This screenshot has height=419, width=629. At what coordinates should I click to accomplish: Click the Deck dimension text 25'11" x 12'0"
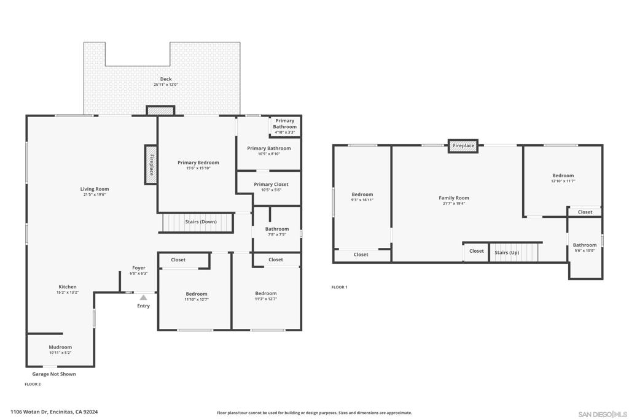point(166,85)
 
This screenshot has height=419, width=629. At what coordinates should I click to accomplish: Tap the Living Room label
point(94,189)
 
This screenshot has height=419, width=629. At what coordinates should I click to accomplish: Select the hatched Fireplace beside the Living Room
point(151,164)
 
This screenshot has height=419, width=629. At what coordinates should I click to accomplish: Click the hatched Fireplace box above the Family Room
point(463,146)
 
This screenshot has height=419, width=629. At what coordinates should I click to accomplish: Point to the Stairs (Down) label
point(201,221)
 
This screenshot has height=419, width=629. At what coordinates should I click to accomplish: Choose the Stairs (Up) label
point(507,253)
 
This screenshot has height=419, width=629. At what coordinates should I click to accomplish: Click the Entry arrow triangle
point(143,298)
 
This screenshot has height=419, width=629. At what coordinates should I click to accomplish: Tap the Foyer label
point(139,268)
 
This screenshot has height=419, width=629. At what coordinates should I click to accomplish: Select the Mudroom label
point(60,347)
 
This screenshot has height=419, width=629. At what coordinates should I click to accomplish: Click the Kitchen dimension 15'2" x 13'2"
point(68,293)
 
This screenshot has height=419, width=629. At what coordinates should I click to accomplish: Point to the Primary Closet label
point(271,184)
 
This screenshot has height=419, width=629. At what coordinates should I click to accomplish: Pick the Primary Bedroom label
point(198,163)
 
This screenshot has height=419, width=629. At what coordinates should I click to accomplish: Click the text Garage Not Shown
point(54,374)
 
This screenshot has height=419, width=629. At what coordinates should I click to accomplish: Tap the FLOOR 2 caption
point(33,384)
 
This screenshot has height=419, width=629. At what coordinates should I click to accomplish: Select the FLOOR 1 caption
point(339,287)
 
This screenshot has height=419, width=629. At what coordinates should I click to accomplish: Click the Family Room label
point(454,198)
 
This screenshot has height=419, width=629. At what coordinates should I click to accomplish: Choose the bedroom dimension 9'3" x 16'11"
point(362,200)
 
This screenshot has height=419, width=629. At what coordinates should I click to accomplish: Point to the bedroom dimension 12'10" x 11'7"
point(563,181)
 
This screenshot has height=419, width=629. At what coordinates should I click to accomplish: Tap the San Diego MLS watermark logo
point(602,414)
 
